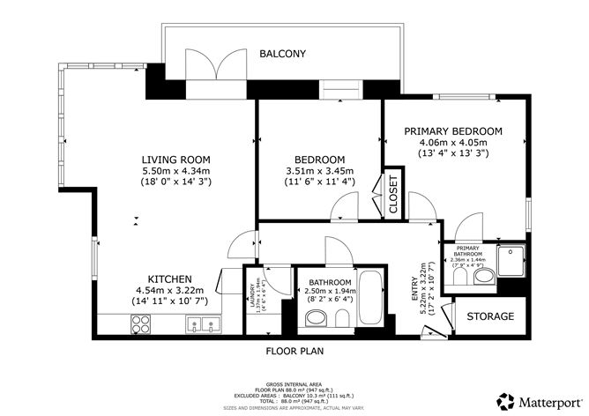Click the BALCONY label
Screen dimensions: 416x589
282,54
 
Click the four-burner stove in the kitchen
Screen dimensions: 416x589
142,327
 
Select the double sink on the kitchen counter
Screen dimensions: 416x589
204,327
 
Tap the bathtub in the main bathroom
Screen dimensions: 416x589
372,300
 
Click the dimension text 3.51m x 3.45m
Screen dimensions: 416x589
319,171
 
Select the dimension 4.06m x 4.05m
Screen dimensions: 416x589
453,143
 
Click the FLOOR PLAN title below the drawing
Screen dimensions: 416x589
296,351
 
